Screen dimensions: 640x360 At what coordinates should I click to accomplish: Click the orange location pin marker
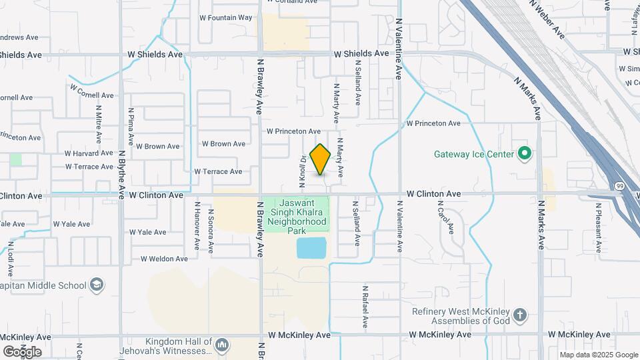pyautogui.click(x=321, y=159)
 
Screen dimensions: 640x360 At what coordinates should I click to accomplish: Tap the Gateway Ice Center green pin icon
pyautogui.click(x=524, y=154)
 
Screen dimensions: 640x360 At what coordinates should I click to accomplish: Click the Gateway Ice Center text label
pyautogui.click(x=474, y=154)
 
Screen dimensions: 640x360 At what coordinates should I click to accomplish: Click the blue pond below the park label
pyautogui.click(x=311, y=248)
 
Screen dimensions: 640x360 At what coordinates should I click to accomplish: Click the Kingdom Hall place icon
pyautogui.click(x=223, y=345)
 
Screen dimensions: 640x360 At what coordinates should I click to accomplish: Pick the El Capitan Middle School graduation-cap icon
pyautogui.click(x=97, y=285)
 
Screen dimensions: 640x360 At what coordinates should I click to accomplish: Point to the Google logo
pyautogui.click(x=22, y=351)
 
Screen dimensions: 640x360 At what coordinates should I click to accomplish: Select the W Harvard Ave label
pyautogui.click(x=89, y=153)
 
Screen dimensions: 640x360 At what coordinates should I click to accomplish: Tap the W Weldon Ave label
pyautogui.click(x=164, y=259)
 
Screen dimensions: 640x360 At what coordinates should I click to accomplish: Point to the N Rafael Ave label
pyautogui.click(x=365, y=307)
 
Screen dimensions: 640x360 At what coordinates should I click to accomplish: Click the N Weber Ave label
pyautogui.click(x=547, y=19)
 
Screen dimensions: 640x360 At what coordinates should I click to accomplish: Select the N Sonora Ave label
pyautogui.click(x=211, y=231)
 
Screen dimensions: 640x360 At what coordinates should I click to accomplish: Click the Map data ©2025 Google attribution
pyautogui.click(x=598, y=355)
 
